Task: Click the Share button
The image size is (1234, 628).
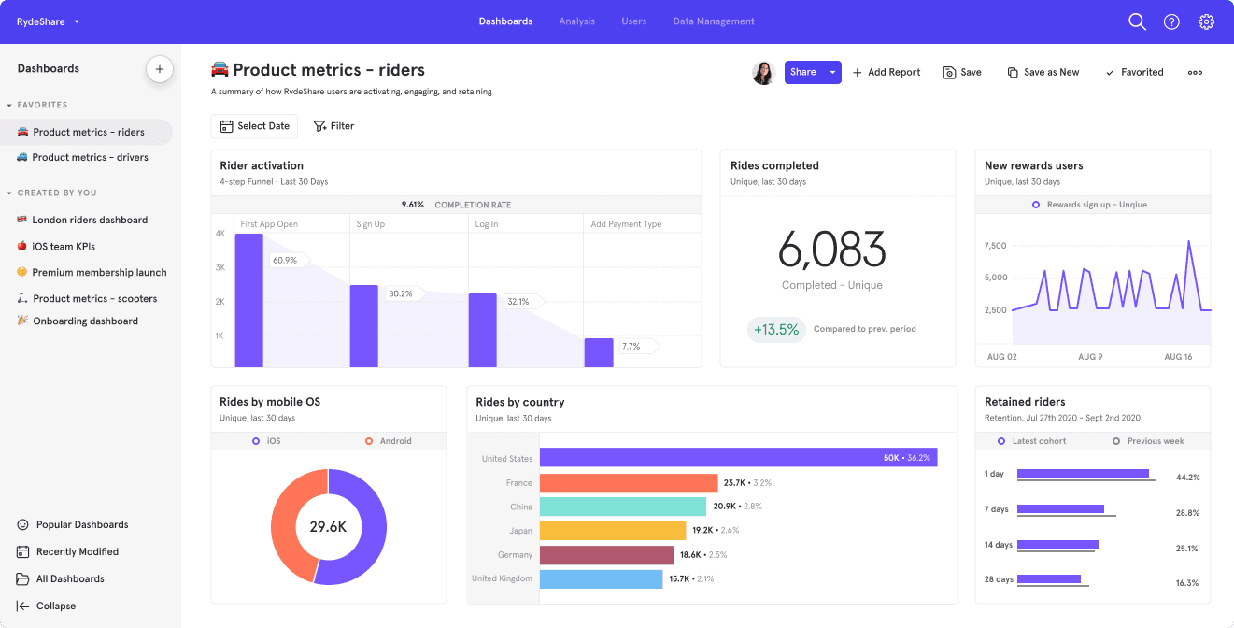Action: coord(802,72)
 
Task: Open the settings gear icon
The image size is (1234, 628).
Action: coord(1206,21)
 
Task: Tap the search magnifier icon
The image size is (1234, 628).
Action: coord(1137,21)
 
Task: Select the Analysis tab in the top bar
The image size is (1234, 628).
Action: coord(576,21)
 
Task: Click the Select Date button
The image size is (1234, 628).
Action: coord(254,126)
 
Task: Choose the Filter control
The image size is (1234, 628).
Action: coord(333,126)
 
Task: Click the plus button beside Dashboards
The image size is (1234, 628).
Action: coord(159,69)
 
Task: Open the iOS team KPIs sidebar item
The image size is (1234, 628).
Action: coord(64,247)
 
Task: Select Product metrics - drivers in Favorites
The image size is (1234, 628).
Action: coord(90,158)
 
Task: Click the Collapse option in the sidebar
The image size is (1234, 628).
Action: coord(55,606)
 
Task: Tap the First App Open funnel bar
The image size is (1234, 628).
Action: coord(248,300)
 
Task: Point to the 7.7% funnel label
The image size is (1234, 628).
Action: coord(631,347)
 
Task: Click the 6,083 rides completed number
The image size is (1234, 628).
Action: coord(831,250)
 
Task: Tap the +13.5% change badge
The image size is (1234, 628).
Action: coord(776,329)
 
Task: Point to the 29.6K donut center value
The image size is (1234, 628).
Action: coord(328,527)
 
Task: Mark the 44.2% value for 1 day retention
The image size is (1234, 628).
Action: coord(1187,478)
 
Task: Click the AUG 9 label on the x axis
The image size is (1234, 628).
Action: coord(1090,357)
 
